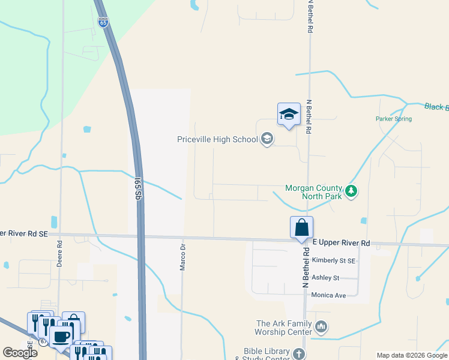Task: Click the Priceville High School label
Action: coord(217,140)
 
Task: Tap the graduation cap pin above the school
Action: coord(289,115)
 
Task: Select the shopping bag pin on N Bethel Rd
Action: coord(301,228)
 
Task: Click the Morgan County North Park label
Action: coord(313,192)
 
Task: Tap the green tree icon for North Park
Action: coord(352,192)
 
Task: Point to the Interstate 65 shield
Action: coord(103,22)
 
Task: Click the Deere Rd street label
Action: coord(59,253)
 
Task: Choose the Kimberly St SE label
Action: coord(334,260)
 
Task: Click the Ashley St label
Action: coord(326,278)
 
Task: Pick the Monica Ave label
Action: coord(330,295)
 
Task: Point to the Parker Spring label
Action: coord(394,119)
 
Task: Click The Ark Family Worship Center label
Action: coord(283,328)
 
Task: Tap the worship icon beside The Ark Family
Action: coord(321,327)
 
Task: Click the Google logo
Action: coord(20,353)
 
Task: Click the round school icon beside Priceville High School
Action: coord(267,140)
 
